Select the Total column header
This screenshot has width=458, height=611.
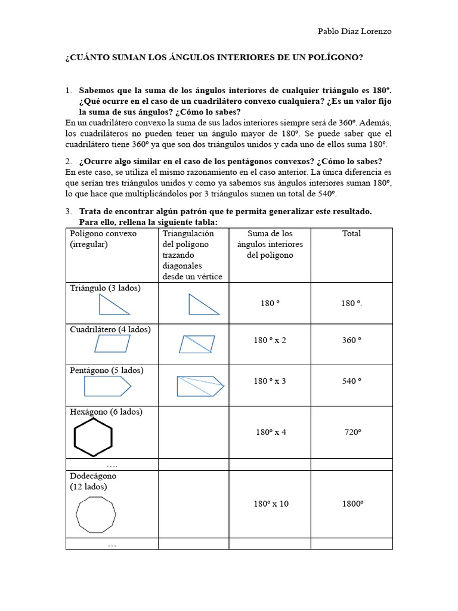pos(351,233)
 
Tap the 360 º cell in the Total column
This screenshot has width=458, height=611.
pos(351,340)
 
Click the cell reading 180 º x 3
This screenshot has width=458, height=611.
pos(270,381)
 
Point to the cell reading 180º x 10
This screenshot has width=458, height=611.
pos(270,504)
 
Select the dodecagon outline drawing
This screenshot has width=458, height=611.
pos(96,513)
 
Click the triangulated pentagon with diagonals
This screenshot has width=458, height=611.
pos(200,386)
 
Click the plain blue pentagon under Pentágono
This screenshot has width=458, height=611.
pos(107,387)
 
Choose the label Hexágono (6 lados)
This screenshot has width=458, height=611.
pos(107,412)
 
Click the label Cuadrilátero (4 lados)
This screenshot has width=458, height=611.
pos(110,329)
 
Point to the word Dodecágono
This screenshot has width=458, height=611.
pos(93,476)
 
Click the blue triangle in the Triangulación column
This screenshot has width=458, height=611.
pos(203,304)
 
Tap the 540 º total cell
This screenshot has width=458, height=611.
pos(351,381)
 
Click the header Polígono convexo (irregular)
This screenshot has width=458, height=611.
pos(103,239)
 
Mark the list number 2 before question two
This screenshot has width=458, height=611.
pos(68,161)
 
